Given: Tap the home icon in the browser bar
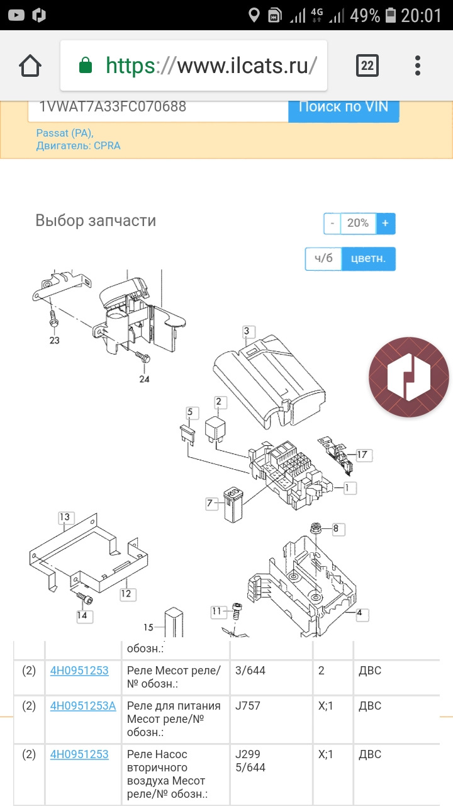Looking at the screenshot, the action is [x=30, y=65].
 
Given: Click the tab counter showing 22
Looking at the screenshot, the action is [x=367, y=65].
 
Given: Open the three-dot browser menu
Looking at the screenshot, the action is [x=417, y=65].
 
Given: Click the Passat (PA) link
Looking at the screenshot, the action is [x=65, y=133].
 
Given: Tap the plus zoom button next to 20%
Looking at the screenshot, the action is [x=386, y=224].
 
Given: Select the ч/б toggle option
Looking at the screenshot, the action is [x=323, y=258].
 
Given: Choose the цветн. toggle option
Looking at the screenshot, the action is [x=368, y=258].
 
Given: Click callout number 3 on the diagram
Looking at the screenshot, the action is [x=247, y=331].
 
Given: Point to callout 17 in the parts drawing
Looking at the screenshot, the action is [x=362, y=455].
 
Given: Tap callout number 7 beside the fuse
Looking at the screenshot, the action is [x=210, y=502].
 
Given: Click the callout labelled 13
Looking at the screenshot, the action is [x=65, y=517].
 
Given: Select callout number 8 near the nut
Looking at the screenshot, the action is [x=336, y=528].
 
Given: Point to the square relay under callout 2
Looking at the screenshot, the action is [x=215, y=428].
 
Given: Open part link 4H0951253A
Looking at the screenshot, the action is [x=82, y=706].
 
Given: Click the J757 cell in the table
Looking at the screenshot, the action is [x=248, y=706].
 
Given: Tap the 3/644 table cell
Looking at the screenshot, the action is [x=250, y=671].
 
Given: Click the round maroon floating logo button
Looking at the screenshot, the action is [x=409, y=377].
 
